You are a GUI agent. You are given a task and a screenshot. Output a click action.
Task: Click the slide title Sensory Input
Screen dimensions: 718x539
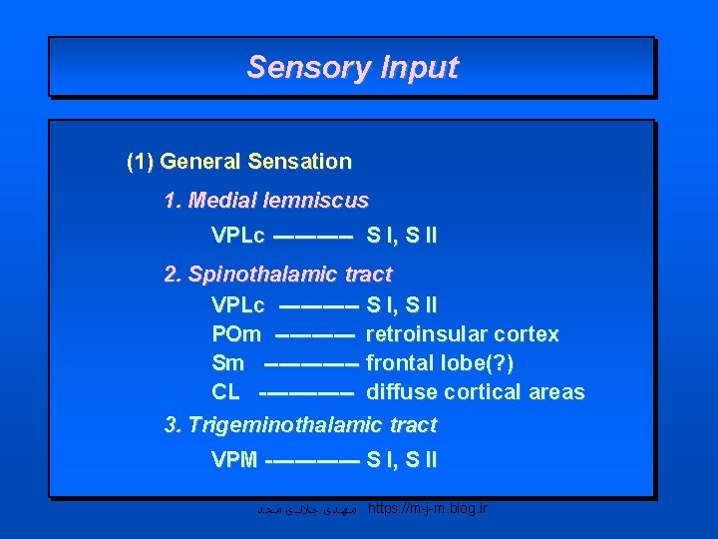point(352,67)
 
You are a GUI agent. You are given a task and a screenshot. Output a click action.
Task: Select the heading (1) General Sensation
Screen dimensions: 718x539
point(239,161)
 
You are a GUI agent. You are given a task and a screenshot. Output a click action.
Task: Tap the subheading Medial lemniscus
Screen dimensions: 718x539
point(266,201)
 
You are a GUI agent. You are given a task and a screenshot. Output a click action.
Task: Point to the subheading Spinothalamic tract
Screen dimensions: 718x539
point(278,273)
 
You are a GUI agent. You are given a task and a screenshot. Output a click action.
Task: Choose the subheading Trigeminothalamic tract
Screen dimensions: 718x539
point(300,425)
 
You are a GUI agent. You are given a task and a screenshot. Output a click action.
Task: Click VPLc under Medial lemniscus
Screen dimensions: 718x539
point(237,237)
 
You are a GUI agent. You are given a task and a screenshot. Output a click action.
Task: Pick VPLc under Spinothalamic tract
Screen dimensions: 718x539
point(237,304)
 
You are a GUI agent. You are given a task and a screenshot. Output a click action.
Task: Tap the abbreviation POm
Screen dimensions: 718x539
point(236,333)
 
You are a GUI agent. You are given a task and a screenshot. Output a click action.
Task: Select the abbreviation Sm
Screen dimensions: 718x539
point(227,362)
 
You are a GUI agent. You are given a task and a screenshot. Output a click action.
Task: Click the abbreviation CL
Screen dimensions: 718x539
point(225,392)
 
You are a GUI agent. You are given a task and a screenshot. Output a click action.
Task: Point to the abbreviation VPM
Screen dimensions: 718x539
point(234,460)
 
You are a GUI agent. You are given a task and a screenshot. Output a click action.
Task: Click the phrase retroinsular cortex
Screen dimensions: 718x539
point(463,333)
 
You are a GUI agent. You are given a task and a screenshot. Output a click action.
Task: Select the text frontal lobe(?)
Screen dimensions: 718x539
point(440,362)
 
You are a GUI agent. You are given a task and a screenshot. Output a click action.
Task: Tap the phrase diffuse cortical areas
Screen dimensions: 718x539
point(476,392)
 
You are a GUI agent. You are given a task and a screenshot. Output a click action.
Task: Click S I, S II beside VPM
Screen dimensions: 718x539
point(402,460)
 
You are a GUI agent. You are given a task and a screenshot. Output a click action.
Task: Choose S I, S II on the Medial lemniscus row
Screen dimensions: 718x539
point(402,237)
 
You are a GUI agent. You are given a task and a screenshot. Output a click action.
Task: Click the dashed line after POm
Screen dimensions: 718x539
point(314,334)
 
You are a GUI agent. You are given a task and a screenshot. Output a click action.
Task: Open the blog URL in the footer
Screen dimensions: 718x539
point(428,509)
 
